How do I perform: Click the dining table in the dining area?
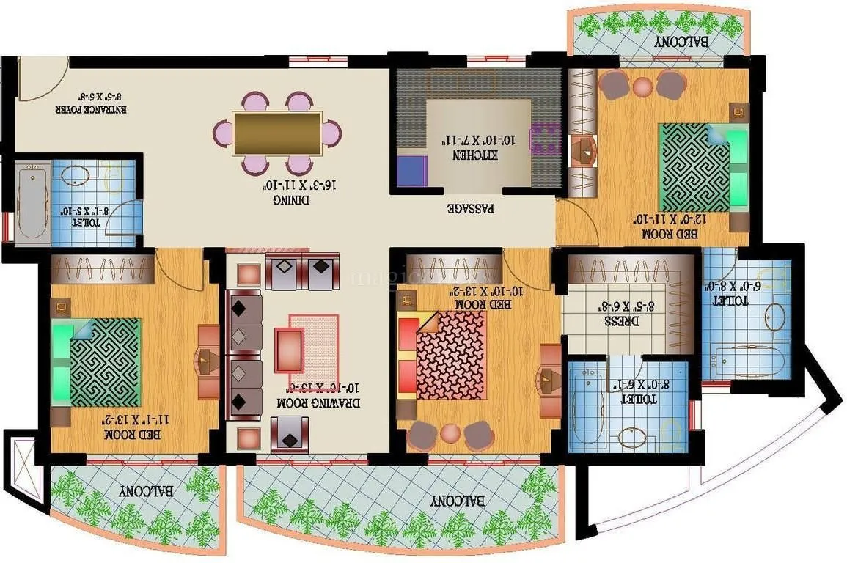(277, 133)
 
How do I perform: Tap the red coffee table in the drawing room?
(290, 350)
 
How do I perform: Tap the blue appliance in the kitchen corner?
(411, 171)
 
